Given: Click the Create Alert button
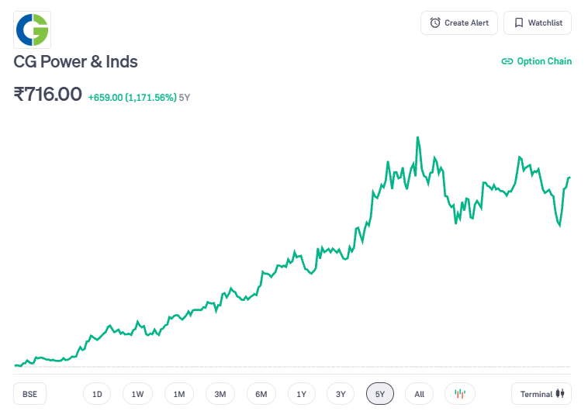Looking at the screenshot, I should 459,23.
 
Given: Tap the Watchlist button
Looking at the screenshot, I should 538,23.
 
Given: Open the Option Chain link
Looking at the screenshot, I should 537,61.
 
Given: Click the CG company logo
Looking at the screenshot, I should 33,30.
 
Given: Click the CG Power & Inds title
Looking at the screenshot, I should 76,62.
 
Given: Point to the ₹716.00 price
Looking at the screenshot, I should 48,95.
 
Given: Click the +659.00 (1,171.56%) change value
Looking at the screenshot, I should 132,98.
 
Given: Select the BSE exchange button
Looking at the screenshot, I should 29,394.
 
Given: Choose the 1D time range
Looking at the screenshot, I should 97,394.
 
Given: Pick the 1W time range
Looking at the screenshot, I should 137,394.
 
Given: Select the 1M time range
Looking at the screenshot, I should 179,394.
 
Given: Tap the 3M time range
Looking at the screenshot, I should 220,394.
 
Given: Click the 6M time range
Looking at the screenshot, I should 261,394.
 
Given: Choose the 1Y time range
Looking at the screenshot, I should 302,394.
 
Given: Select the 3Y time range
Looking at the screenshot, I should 341,394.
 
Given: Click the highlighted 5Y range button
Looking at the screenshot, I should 380,394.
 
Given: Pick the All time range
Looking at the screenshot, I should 419,394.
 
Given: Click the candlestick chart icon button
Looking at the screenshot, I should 459,394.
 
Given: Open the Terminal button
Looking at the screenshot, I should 541,394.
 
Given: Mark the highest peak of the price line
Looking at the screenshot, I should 417,138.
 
